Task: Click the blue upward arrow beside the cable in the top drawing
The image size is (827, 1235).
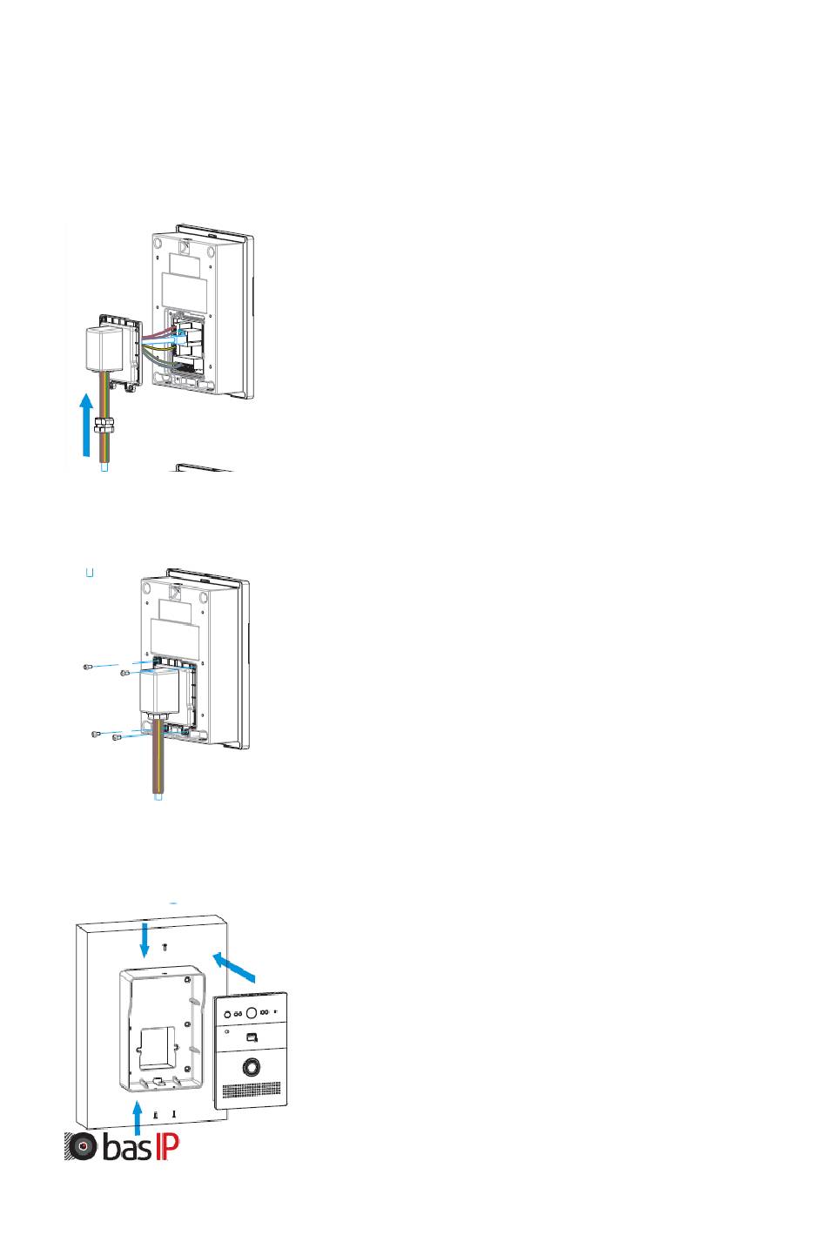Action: click(x=85, y=426)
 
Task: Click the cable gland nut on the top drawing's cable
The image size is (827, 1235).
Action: click(x=104, y=426)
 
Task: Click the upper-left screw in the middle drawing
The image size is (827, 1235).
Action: click(x=88, y=667)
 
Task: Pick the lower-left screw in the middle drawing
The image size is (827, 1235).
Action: click(x=96, y=735)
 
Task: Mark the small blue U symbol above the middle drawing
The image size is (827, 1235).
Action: click(x=89, y=573)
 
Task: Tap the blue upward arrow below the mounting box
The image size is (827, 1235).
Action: click(x=137, y=1118)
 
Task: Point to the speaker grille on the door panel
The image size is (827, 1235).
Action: click(x=252, y=1090)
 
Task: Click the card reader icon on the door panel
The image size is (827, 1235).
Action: click(x=251, y=1037)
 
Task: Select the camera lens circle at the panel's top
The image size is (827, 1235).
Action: click(x=252, y=1013)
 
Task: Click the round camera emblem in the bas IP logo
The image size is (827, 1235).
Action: click(x=84, y=1147)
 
